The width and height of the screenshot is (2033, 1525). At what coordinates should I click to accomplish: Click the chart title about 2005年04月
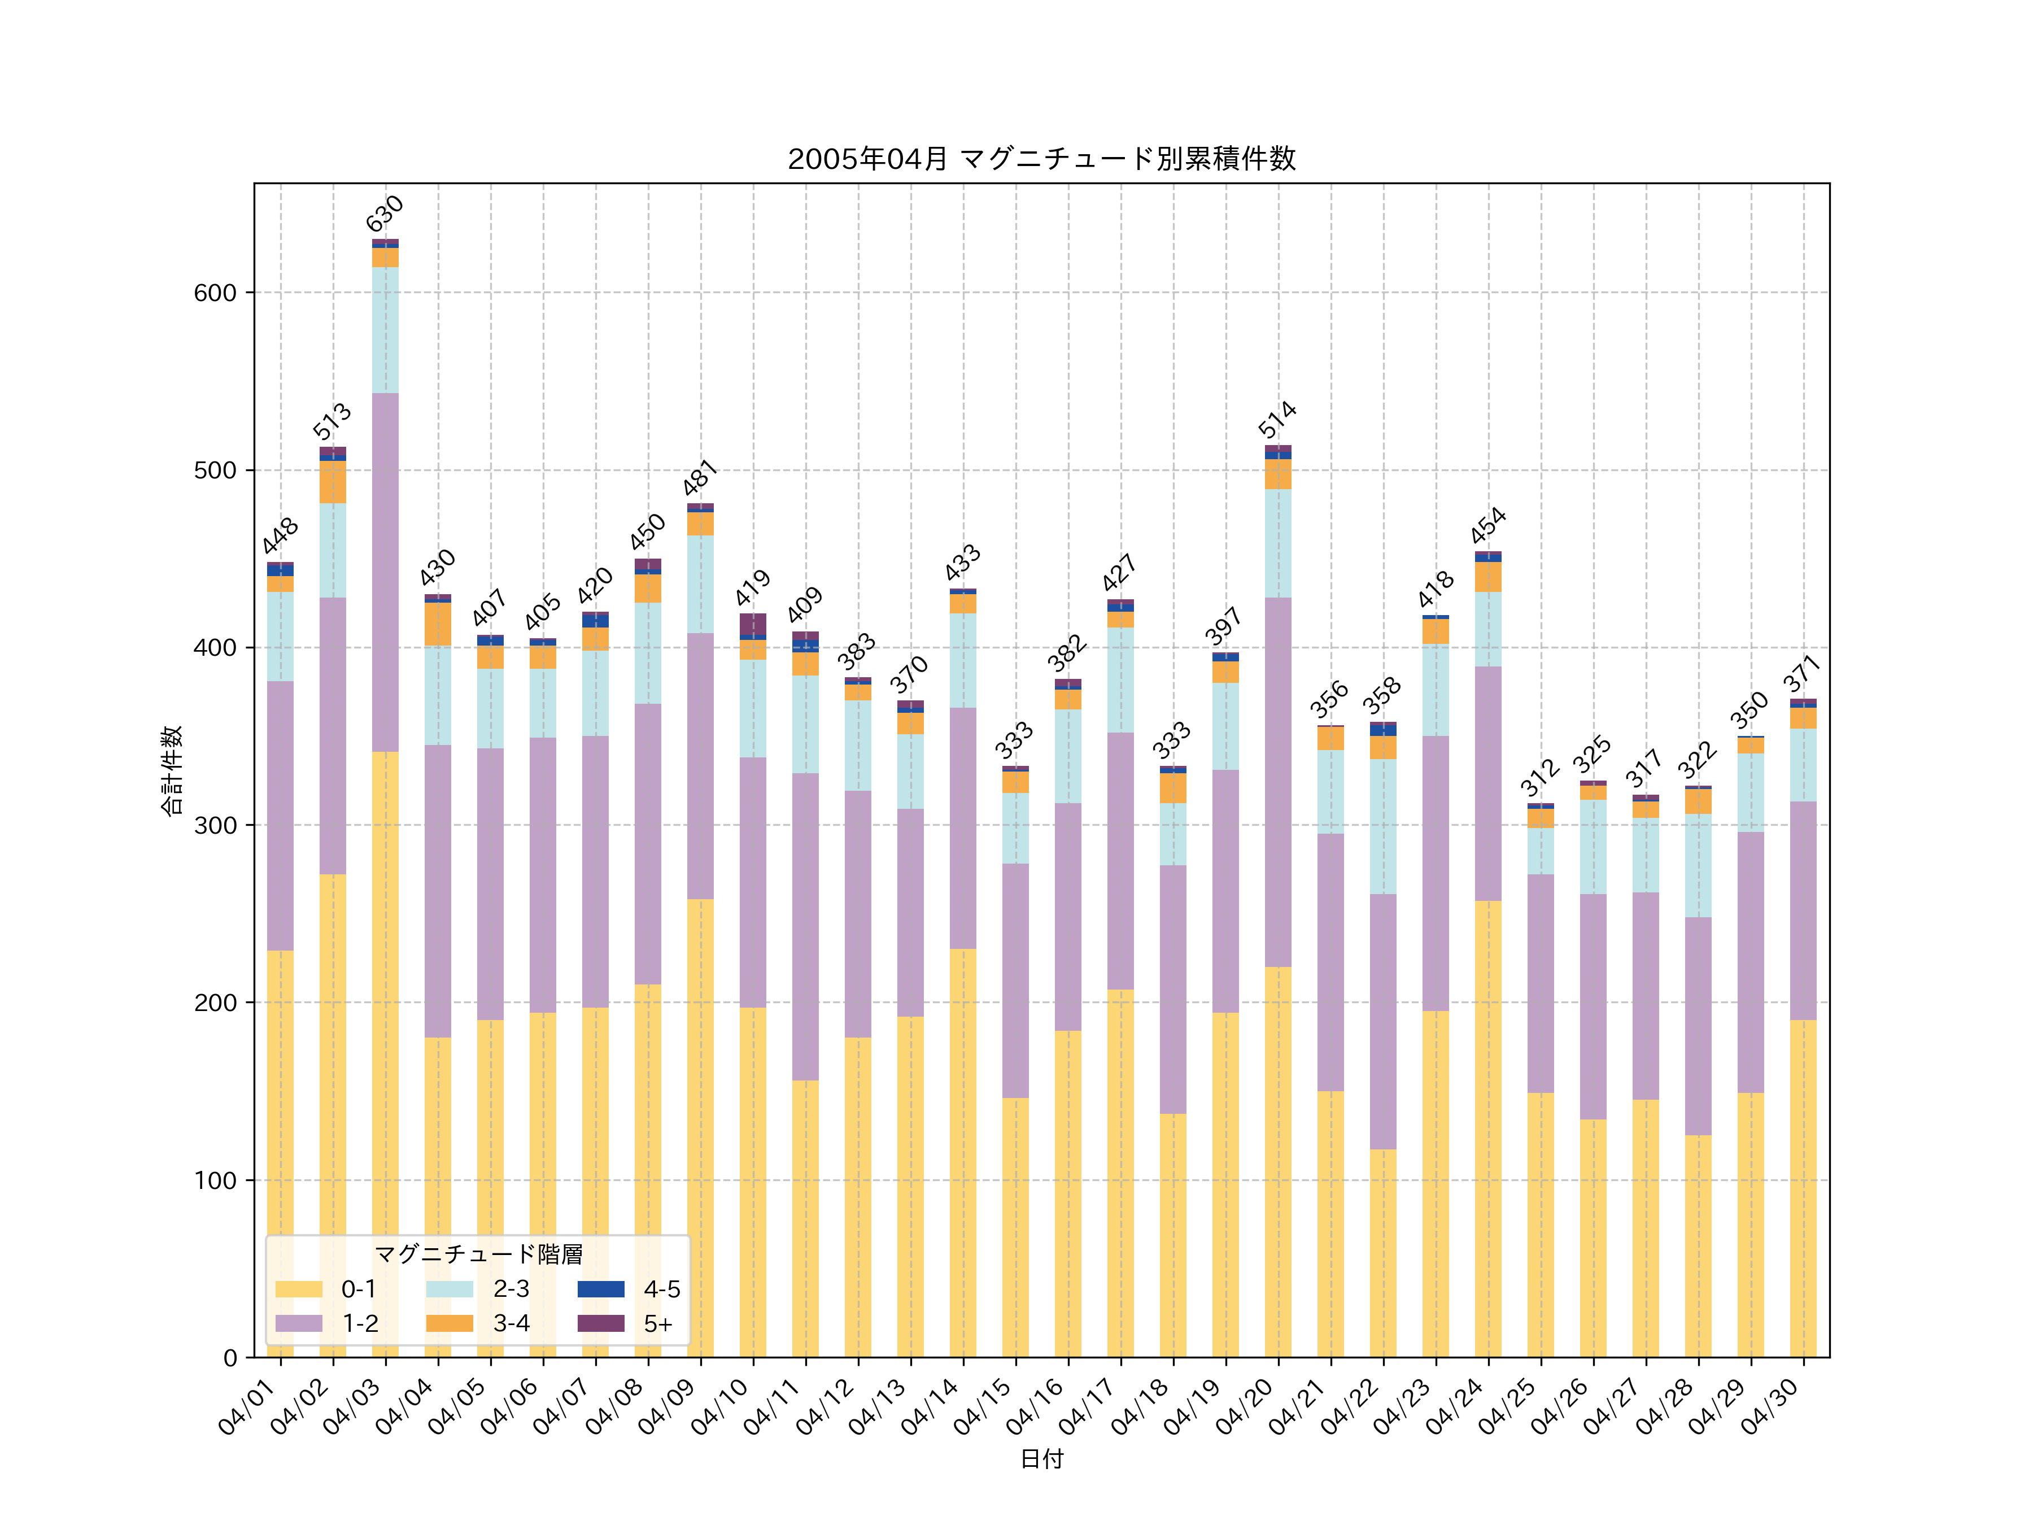1041,159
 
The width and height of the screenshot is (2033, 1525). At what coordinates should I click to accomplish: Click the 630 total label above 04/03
385,213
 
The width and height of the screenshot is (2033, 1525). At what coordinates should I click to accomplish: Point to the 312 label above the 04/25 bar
1539,778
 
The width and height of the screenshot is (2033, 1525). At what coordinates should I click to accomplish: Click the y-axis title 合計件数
172,770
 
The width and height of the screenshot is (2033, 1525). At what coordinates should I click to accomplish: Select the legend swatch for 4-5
600,1289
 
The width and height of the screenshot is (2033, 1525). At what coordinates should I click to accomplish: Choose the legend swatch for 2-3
450,1289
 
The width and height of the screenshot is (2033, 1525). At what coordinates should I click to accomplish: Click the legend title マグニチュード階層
478,1255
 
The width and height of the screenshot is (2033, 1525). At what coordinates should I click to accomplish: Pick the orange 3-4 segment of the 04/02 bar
333,482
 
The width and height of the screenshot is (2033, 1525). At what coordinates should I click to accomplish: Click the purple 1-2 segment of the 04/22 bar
1382,1021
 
